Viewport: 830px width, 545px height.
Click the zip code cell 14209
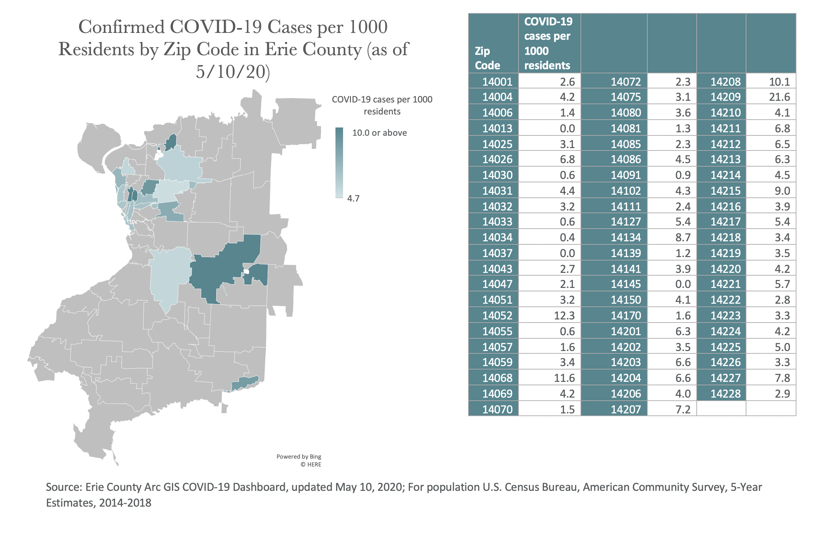(x=725, y=97)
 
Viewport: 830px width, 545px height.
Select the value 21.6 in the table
(x=779, y=97)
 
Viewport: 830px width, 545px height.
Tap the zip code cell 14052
(x=497, y=315)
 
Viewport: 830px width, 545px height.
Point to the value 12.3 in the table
(x=564, y=315)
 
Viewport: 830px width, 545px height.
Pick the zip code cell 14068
(x=497, y=378)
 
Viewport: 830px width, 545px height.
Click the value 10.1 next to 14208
(x=779, y=82)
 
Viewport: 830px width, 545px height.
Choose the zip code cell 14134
(x=626, y=238)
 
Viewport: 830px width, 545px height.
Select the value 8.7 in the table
(x=683, y=238)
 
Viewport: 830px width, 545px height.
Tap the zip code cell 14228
(x=725, y=393)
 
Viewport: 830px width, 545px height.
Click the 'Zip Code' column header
(x=487, y=58)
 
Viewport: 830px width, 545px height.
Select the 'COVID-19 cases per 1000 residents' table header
(x=548, y=43)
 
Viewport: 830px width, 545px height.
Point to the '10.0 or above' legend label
(x=379, y=133)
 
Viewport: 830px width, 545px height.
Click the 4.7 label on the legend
(x=353, y=198)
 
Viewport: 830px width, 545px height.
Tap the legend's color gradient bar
(x=339, y=162)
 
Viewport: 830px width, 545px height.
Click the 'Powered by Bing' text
(x=298, y=457)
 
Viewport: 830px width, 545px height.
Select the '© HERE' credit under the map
(x=311, y=464)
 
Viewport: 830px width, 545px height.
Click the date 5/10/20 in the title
(x=233, y=72)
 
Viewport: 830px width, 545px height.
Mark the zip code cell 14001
(x=497, y=82)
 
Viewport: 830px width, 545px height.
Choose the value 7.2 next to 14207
(x=683, y=409)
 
